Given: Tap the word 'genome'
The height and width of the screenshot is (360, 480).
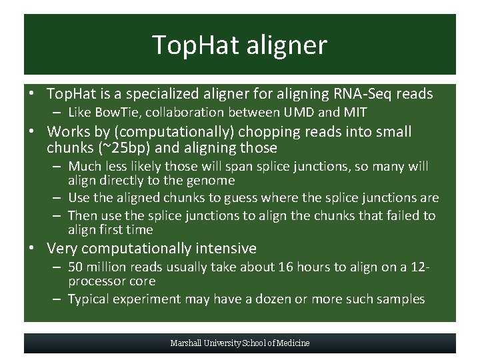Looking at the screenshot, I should click(213, 180).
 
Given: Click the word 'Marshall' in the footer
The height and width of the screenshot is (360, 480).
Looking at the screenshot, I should click(186, 343).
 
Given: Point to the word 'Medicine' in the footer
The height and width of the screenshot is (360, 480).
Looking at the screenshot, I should click(293, 343).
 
